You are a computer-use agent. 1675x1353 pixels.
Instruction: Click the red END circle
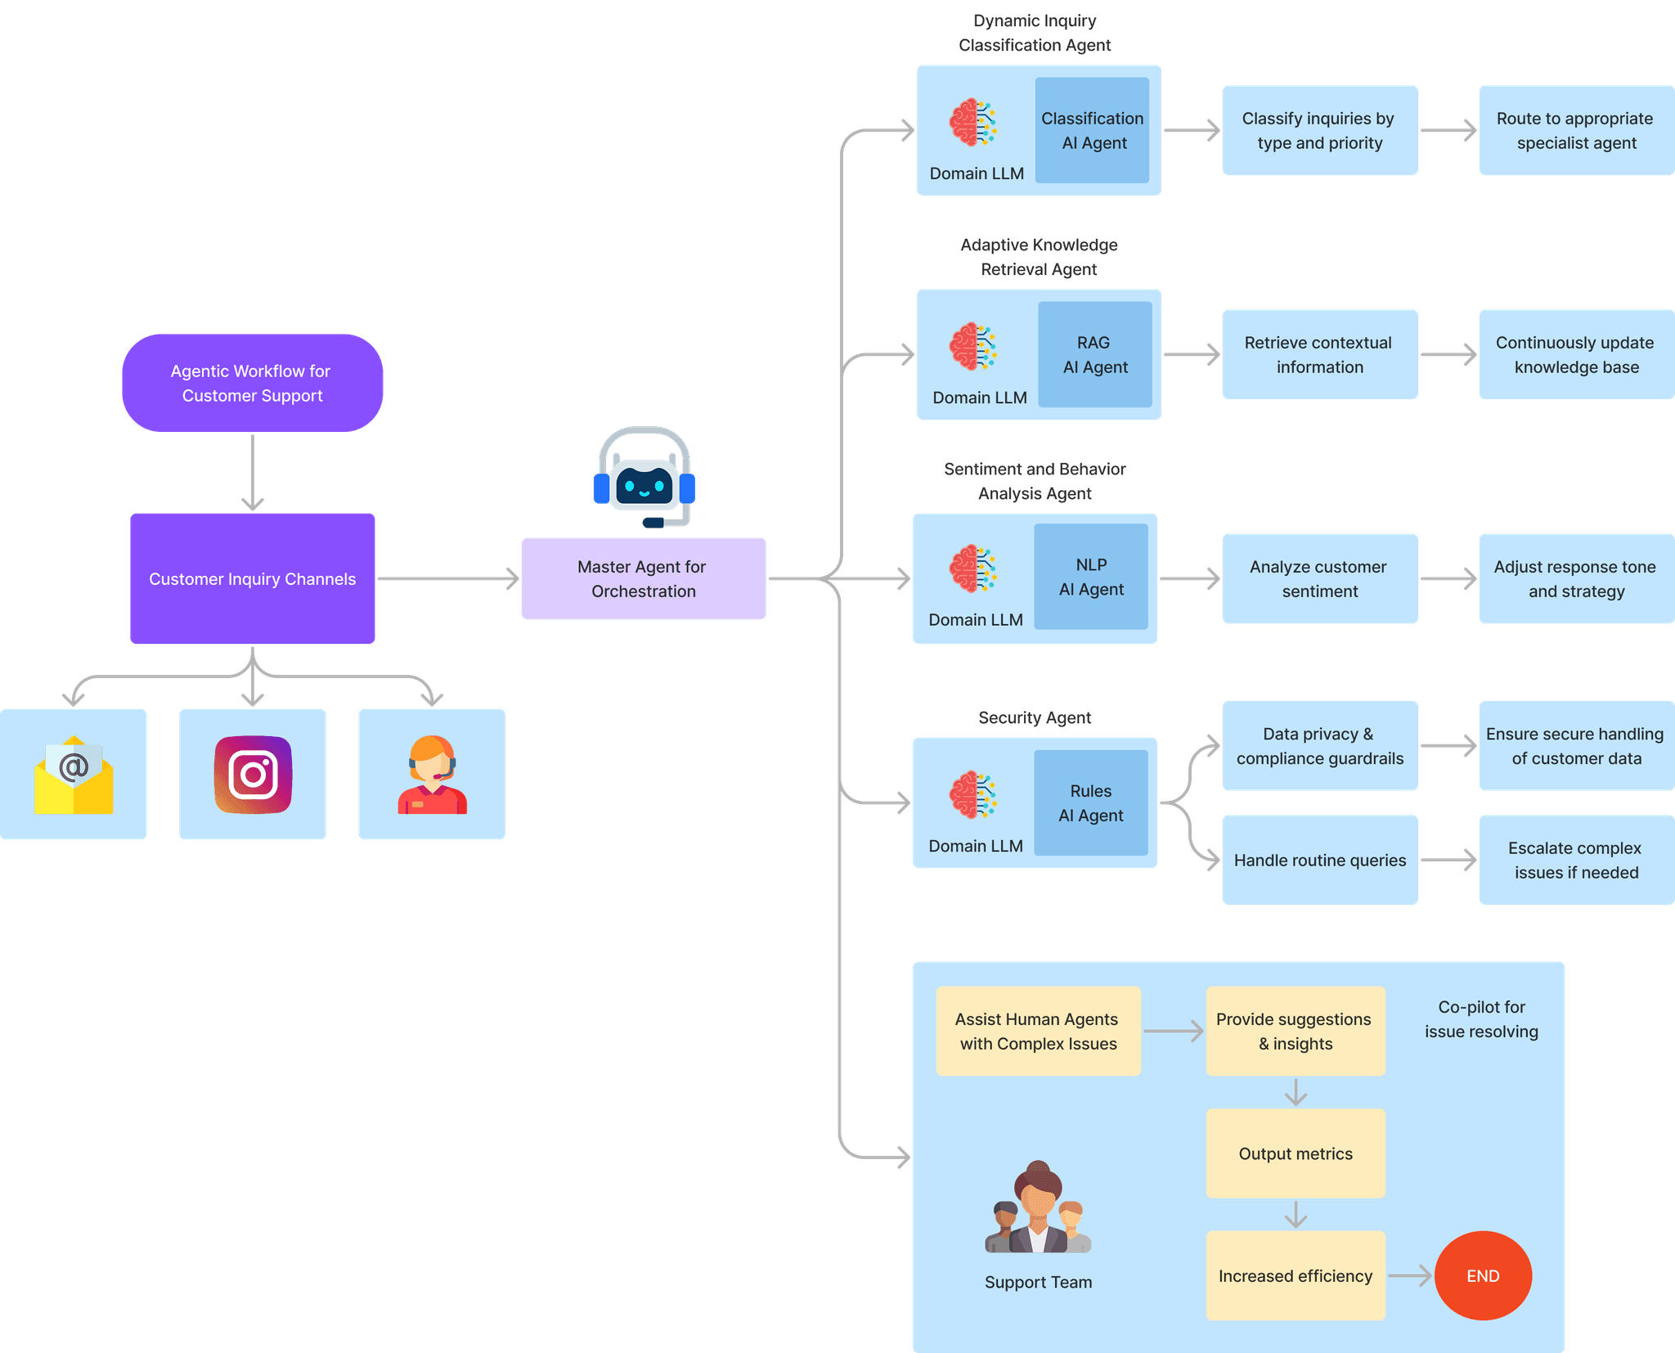[x=1482, y=1275]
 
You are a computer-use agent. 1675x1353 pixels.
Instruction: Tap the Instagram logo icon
[x=253, y=774]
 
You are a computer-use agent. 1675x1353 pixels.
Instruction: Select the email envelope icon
[x=74, y=775]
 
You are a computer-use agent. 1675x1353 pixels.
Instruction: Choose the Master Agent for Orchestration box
[x=643, y=578]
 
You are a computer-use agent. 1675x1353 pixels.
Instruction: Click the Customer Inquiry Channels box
[x=252, y=578]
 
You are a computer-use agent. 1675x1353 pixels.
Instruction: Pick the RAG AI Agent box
[x=1094, y=354]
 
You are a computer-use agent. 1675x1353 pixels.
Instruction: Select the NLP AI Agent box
[x=1091, y=577]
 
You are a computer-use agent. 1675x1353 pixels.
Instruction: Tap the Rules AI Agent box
[x=1090, y=802]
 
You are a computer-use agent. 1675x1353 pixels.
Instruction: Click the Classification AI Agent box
[x=1092, y=130]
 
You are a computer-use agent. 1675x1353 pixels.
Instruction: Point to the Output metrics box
[x=1295, y=1153]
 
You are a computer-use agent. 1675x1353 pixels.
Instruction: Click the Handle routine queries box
[x=1319, y=860]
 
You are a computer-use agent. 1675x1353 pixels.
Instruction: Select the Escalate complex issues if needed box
[x=1575, y=860]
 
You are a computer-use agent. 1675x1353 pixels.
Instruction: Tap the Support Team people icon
[x=1038, y=1209]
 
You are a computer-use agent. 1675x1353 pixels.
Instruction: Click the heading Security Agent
[x=1034, y=717]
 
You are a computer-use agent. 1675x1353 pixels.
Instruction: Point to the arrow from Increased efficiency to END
[x=1409, y=1275]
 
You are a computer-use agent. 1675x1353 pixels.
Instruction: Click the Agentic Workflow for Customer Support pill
[x=252, y=383]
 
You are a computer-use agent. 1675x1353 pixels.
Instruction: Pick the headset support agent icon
[x=431, y=774]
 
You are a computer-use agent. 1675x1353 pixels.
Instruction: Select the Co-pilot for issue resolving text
[x=1481, y=1019]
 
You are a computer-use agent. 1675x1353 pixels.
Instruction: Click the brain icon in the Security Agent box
[x=972, y=794]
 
